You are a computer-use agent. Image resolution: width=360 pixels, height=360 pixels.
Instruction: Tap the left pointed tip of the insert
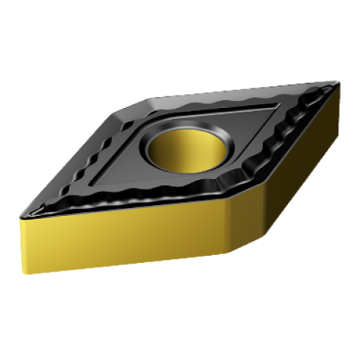point(20,214)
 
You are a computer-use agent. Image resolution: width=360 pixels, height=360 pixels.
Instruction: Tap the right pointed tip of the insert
point(340,84)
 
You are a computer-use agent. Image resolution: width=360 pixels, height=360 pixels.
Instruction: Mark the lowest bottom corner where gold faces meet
point(229,253)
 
